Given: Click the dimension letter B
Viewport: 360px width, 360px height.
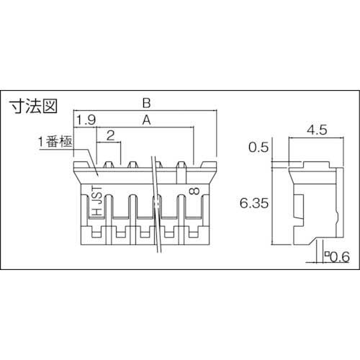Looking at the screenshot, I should tap(146, 104).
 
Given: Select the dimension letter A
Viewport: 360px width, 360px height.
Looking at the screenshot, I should tap(147, 122).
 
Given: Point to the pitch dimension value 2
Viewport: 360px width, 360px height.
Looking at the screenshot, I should tap(110, 135).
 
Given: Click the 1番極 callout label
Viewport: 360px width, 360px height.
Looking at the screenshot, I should tap(55, 143).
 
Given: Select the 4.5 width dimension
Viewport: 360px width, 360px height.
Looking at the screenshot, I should tap(314, 130).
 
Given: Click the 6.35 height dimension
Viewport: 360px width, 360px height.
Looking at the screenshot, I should tap(253, 203).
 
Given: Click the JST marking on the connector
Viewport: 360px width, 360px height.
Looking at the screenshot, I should tap(96, 195).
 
